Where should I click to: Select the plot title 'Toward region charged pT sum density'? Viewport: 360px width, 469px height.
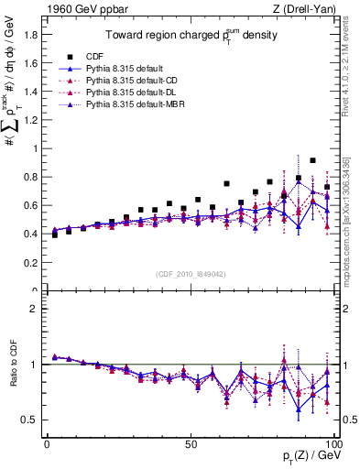[191, 37]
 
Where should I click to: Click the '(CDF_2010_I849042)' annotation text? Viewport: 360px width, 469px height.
[191, 272]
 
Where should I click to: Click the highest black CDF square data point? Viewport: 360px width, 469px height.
[312, 160]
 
